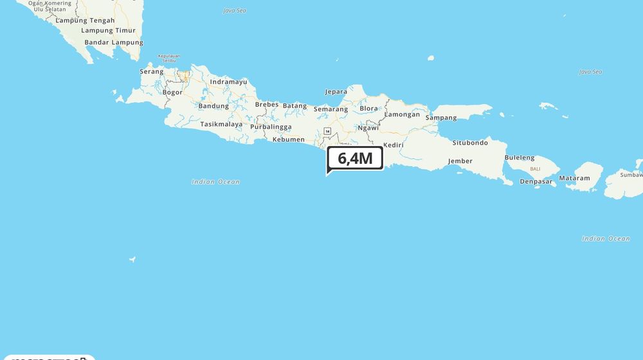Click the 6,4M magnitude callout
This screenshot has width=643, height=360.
tap(355, 159)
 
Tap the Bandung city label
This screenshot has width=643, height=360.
tap(213, 106)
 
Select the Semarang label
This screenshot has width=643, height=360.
tap(331, 109)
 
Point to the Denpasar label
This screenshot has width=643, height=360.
tap(536, 181)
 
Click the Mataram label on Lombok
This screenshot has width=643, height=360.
tap(574, 178)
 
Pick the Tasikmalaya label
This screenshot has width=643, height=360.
tap(221, 124)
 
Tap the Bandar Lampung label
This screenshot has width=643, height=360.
tap(114, 42)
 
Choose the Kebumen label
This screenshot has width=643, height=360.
tap(288, 139)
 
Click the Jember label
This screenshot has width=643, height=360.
tap(460, 161)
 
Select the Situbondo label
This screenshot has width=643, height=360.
tap(470, 143)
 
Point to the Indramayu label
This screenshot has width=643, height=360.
tap(228, 82)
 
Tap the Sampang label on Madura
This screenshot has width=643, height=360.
tap(441, 118)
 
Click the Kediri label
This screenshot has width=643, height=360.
tap(393, 145)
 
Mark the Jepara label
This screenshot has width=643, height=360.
tap(336, 92)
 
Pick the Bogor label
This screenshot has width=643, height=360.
tap(172, 93)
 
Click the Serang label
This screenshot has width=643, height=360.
tap(152, 71)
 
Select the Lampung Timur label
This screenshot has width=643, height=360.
tap(108, 30)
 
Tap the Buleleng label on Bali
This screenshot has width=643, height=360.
tap(519, 157)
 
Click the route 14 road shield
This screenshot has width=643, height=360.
tap(327, 131)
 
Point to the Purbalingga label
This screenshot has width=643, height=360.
tap(271, 127)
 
